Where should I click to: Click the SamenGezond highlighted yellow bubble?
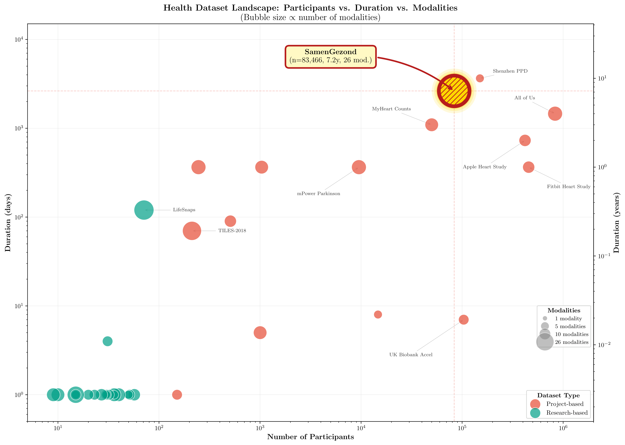(x=454, y=91)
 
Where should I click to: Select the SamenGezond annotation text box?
(x=330, y=56)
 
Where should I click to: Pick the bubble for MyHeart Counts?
(x=431, y=125)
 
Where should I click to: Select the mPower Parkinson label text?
(x=318, y=194)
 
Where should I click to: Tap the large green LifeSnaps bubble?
(x=144, y=210)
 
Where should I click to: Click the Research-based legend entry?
(x=566, y=413)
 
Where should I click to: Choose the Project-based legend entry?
(x=565, y=404)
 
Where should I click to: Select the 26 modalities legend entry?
(x=571, y=342)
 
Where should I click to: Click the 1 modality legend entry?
(x=568, y=318)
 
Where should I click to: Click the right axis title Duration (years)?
(x=616, y=222)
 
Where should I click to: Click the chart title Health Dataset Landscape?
(x=310, y=8)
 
